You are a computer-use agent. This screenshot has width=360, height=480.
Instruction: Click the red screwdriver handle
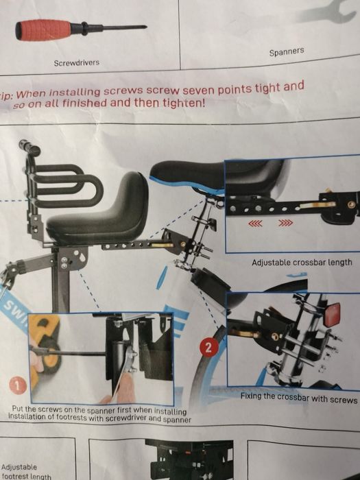click(43, 30)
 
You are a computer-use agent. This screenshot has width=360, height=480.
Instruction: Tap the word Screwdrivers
click(77, 63)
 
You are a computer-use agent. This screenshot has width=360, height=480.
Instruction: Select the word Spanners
click(287, 51)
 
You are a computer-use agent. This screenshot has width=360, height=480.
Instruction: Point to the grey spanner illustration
click(326, 12)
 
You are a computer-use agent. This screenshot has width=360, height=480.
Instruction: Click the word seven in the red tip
click(200, 90)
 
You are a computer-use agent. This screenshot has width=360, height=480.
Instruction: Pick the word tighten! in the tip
click(184, 103)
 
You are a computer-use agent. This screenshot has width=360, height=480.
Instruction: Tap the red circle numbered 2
click(208, 348)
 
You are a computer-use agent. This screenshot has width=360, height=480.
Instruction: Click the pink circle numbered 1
click(18, 385)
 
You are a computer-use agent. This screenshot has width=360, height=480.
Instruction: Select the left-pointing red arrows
click(255, 224)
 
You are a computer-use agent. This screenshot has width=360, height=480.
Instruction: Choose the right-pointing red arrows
click(285, 223)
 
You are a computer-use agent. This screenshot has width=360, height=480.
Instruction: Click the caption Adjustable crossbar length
click(302, 263)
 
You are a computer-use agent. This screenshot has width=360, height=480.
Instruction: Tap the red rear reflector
click(332, 314)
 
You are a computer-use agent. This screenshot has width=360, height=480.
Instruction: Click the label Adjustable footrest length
click(26, 472)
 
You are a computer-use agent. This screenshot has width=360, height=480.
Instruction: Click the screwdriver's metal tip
click(125, 27)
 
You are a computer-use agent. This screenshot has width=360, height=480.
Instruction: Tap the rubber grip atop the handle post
click(29, 147)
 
